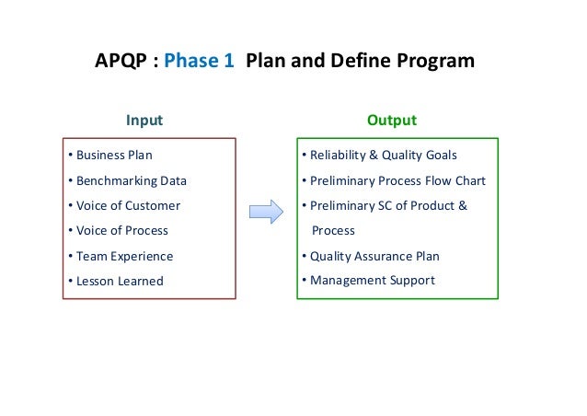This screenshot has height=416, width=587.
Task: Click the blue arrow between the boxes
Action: point(265,214)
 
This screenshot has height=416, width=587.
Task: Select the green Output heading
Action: point(391,121)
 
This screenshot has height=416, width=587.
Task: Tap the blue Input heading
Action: point(144,121)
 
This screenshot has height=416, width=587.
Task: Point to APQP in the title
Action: point(120,62)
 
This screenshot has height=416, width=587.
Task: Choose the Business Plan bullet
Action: point(113,156)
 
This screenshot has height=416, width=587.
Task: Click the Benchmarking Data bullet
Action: point(130,180)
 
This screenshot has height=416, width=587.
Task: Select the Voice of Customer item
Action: point(127,205)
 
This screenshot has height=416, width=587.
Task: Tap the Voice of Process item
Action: point(121,230)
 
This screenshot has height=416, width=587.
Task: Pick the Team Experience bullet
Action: point(123,256)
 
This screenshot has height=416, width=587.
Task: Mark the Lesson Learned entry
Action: point(119,281)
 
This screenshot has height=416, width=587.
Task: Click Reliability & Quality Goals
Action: point(383,156)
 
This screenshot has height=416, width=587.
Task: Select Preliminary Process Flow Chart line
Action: point(397,180)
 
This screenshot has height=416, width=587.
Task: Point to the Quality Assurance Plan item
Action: point(374,256)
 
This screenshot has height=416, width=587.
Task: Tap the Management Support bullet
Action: point(372,280)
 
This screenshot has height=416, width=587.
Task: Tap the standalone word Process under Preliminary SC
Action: point(333,230)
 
